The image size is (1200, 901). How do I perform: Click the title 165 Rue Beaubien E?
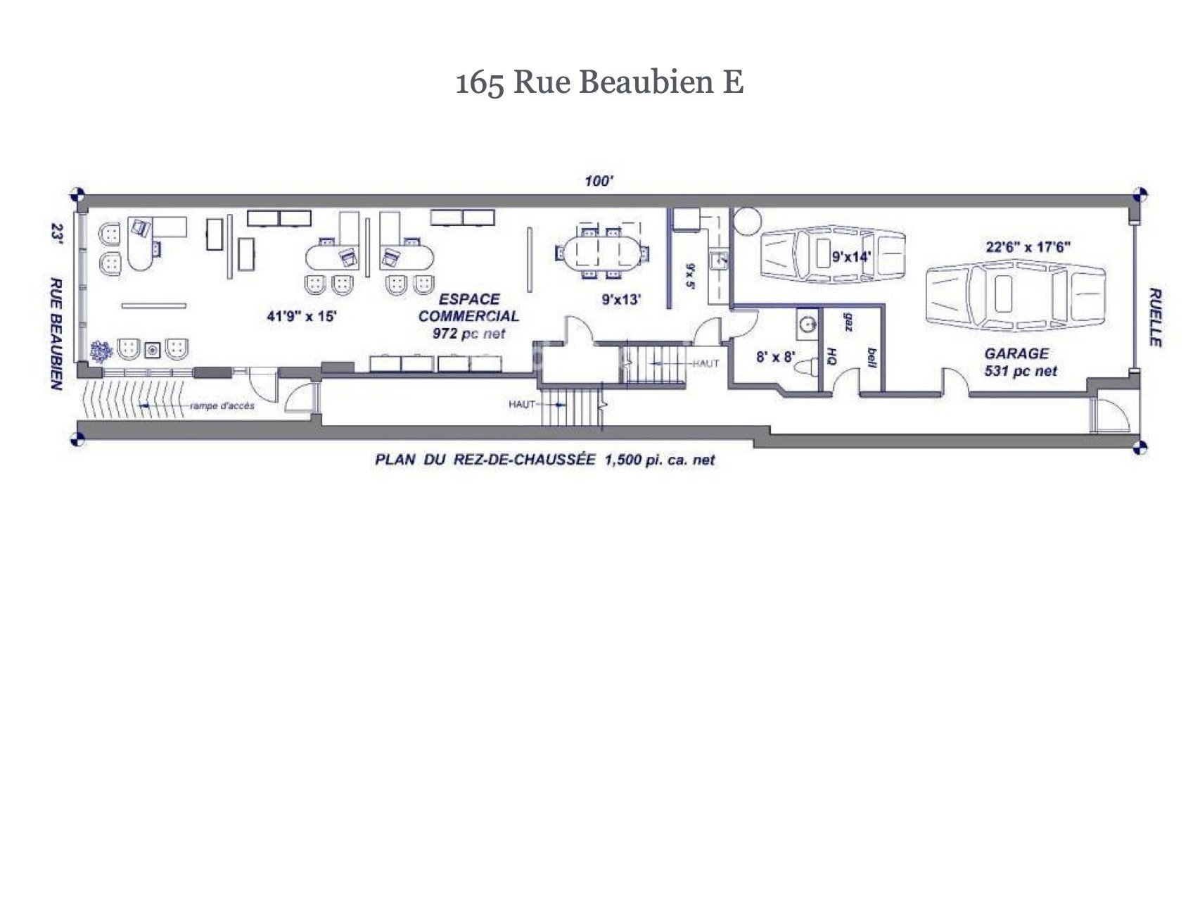point(600,82)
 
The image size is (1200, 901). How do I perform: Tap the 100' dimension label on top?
point(599,181)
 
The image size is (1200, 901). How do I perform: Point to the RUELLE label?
point(1155,317)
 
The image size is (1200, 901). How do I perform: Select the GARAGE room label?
point(1016,353)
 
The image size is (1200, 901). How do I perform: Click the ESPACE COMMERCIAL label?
point(469,308)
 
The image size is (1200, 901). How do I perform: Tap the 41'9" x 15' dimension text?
point(302,316)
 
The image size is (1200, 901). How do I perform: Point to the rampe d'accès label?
point(222,406)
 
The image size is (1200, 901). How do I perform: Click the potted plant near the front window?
point(101,349)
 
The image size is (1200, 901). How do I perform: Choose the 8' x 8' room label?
point(774,357)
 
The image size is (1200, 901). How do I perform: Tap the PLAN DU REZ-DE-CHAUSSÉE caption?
point(544,460)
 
